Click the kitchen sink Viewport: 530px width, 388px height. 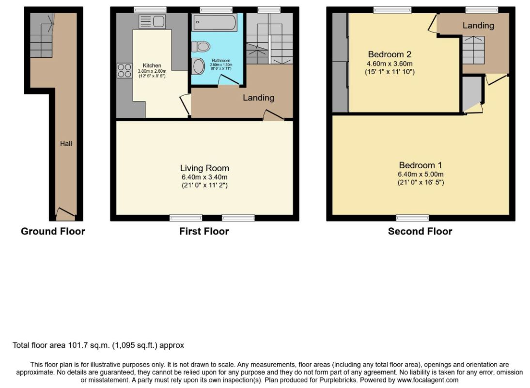point(152,22)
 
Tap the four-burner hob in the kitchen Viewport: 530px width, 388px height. point(125,71)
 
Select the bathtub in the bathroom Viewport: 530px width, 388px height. point(214,23)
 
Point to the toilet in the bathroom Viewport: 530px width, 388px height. point(201,47)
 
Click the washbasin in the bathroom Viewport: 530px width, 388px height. point(198,66)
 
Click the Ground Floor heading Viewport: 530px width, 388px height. point(53,231)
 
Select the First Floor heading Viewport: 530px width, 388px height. point(204,231)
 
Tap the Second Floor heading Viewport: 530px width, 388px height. point(420,231)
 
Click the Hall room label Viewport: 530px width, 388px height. point(66,144)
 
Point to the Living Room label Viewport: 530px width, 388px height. point(204,168)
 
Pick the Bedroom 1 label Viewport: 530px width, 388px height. point(421,165)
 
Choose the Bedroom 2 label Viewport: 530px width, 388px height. point(390,54)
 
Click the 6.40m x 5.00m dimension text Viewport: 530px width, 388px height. point(421,174)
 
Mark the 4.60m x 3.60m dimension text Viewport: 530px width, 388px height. point(390,64)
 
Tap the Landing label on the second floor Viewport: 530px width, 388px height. point(478,25)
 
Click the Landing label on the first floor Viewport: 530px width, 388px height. point(258,98)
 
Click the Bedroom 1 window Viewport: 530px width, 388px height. point(412,218)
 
